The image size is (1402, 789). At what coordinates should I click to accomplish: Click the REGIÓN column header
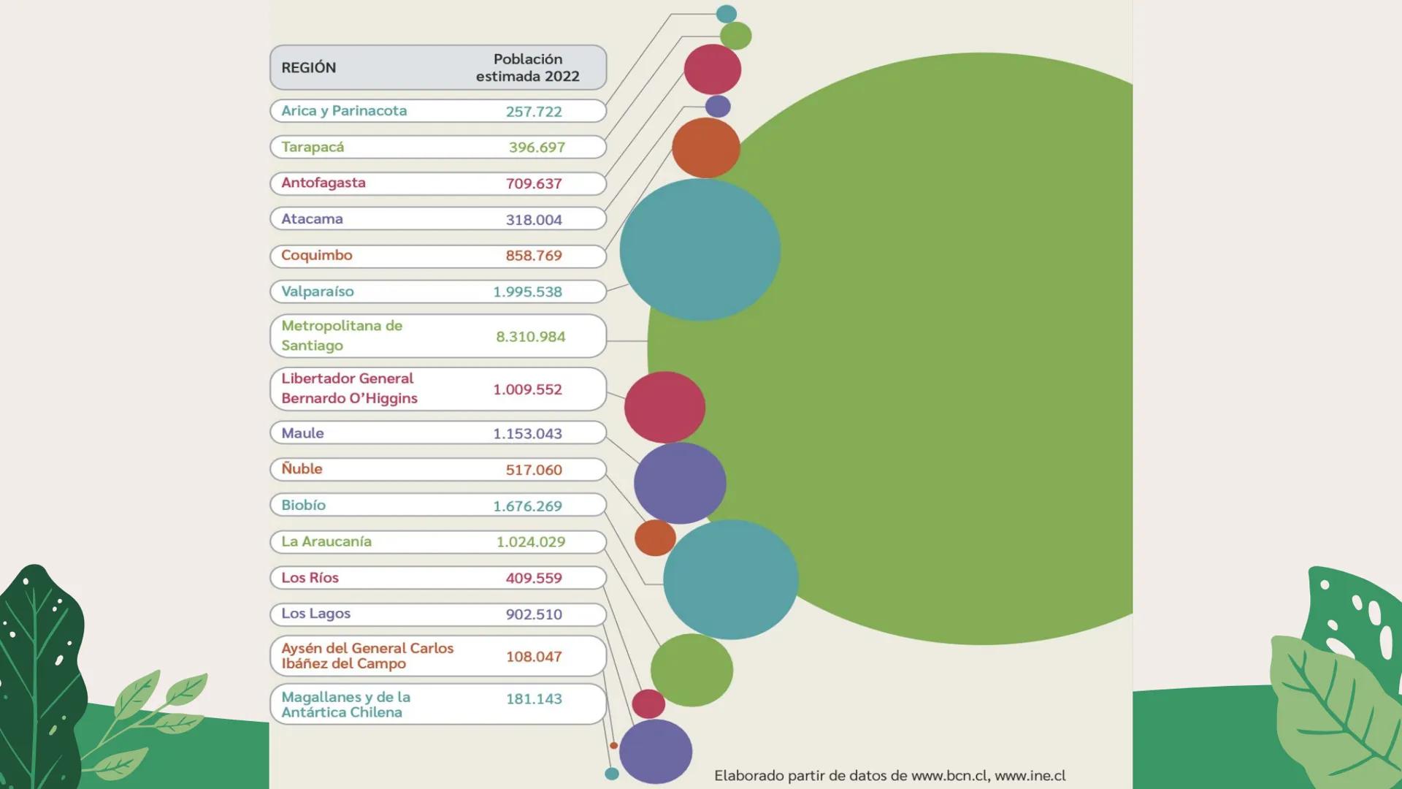(309, 67)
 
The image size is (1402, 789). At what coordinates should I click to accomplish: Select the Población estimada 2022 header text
(527, 67)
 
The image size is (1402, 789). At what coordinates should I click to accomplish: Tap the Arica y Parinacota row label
(344, 110)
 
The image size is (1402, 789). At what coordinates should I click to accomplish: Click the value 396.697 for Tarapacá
(537, 147)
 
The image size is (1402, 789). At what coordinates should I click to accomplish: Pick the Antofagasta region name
(323, 183)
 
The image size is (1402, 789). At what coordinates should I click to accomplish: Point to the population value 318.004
(534, 219)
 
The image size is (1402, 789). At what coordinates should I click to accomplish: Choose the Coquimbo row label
(317, 255)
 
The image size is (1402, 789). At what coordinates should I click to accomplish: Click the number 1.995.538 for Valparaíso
(527, 291)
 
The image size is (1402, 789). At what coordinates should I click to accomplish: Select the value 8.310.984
(530, 336)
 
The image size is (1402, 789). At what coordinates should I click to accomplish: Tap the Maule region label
(302, 432)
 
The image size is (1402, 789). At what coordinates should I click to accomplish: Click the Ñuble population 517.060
(534, 469)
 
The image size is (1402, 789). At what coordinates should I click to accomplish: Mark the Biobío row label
(304, 505)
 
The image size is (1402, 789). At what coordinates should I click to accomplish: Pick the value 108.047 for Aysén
(534, 656)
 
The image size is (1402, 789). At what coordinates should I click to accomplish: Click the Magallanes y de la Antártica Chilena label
(345, 704)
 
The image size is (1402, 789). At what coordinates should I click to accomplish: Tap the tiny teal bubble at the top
(726, 13)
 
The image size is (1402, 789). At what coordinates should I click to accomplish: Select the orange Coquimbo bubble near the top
(705, 148)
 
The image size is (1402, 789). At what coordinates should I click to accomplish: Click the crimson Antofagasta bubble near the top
(712, 69)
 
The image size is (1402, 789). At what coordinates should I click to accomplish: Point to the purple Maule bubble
(679, 483)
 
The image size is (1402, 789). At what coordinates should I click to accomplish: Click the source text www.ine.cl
(1030, 775)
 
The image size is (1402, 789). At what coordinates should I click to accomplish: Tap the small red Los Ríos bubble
(648, 704)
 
